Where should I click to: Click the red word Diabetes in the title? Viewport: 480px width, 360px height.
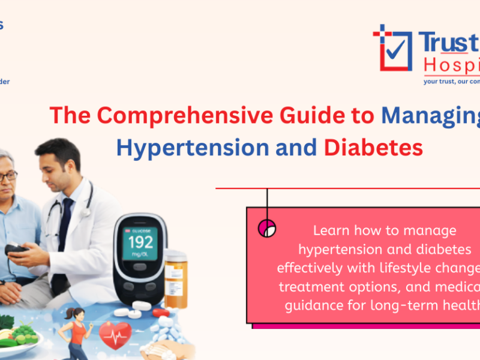pyautogui.click(x=373, y=146)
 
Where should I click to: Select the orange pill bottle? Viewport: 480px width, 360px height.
pyautogui.click(x=176, y=279)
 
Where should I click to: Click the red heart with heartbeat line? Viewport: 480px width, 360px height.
pyautogui.click(x=115, y=334)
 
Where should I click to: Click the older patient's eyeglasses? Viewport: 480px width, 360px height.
pyautogui.click(x=7, y=176)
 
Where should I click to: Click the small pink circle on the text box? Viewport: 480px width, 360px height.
pyautogui.click(x=266, y=228)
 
